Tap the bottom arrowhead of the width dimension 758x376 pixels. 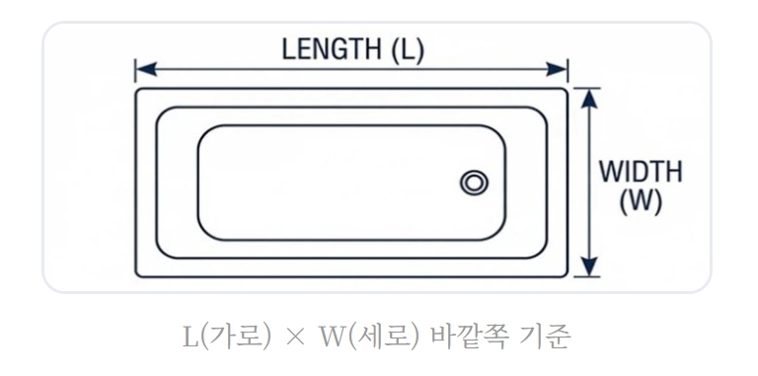589,268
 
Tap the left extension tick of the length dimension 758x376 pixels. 135,70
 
